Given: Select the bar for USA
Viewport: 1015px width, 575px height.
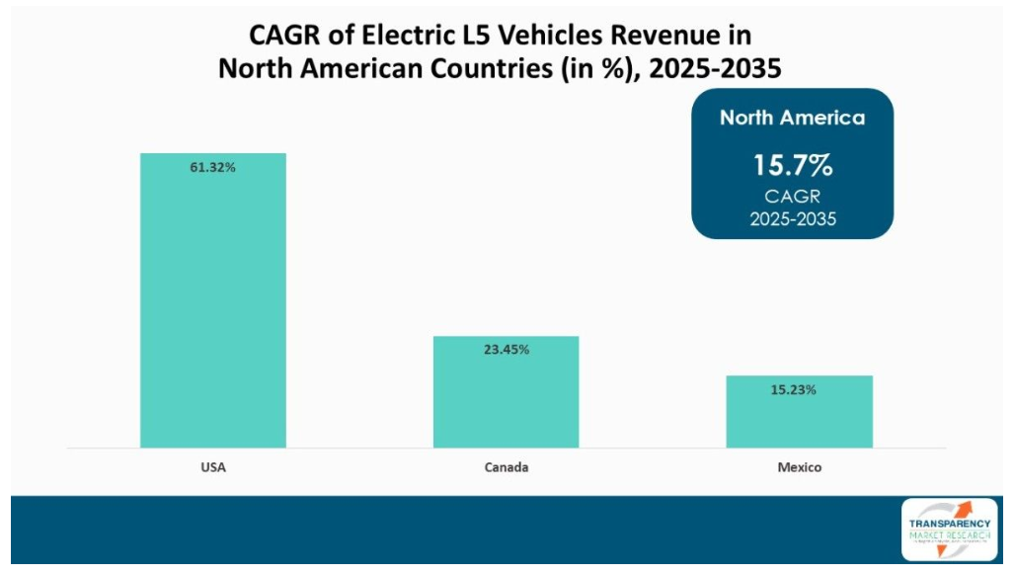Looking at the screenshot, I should pyautogui.click(x=212, y=306).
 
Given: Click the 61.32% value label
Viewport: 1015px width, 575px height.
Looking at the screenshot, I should pyautogui.click(x=212, y=168).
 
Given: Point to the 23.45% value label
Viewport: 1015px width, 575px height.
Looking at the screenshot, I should pyautogui.click(x=506, y=350).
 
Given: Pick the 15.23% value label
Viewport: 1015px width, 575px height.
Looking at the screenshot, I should pyautogui.click(x=799, y=389).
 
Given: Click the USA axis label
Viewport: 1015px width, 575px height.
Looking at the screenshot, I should pyautogui.click(x=212, y=466).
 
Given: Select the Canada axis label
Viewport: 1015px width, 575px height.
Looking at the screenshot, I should pyautogui.click(x=506, y=466).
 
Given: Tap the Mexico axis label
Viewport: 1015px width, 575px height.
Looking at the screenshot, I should pyautogui.click(x=799, y=466).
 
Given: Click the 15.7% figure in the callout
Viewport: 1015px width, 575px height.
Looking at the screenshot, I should pyautogui.click(x=792, y=164).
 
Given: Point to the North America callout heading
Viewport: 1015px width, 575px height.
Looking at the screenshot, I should pyautogui.click(x=792, y=118).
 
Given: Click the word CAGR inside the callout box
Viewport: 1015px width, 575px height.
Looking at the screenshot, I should pyautogui.click(x=792, y=197).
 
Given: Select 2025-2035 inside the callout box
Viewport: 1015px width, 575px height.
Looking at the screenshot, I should pyautogui.click(x=792, y=218).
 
